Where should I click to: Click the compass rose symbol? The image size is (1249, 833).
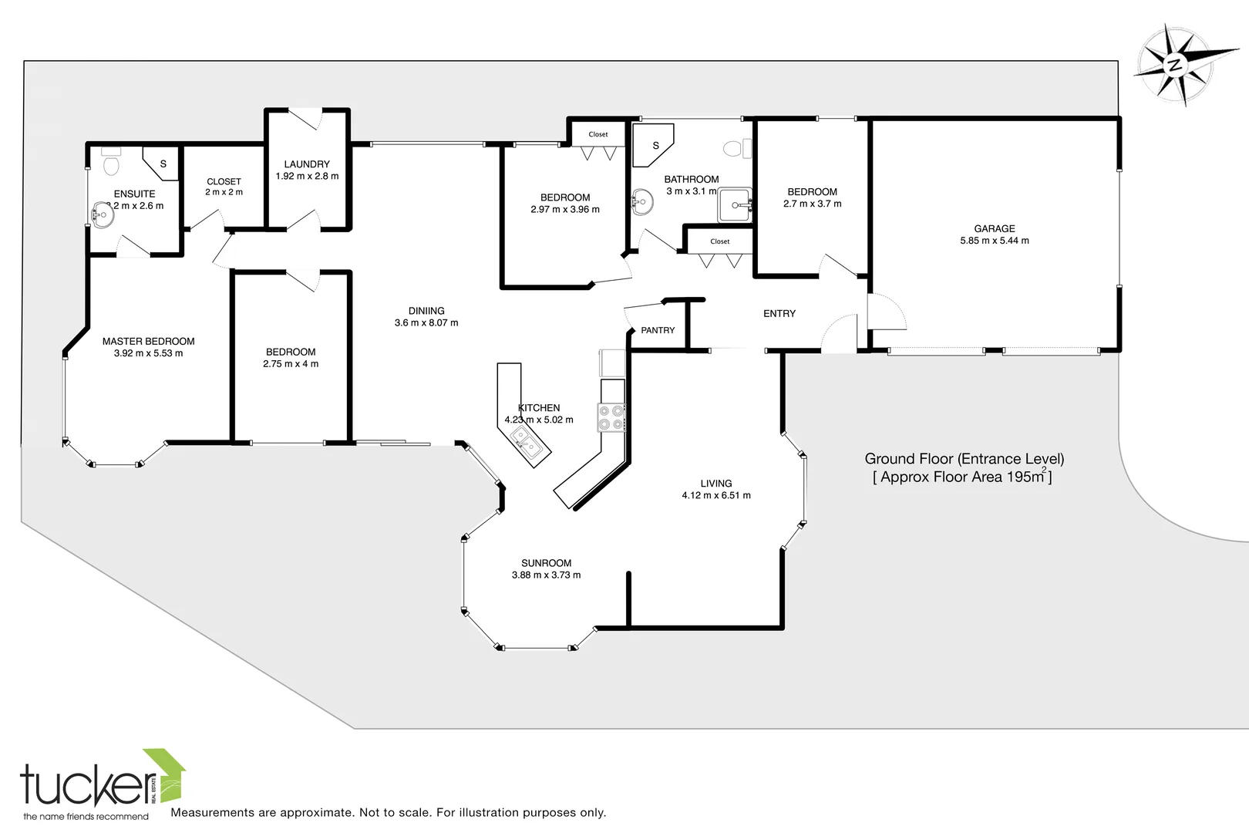pyautogui.click(x=1175, y=64)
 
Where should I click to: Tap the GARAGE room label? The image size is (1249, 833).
pyautogui.click(x=994, y=228)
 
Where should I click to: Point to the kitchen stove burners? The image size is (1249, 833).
pyautogui.click(x=611, y=417)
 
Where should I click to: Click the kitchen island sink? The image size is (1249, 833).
pyautogui.click(x=527, y=442)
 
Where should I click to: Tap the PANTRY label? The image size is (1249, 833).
pyautogui.click(x=658, y=330)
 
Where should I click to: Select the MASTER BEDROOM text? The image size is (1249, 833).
pyautogui.click(x=148, y=341)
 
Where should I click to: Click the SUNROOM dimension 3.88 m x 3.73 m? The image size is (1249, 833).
pyautogui.click(x=546, y=575)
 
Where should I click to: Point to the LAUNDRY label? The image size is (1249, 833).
pyautogui.click(x=307, y=164)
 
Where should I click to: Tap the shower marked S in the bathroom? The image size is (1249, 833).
pyautogui.click(x=655, y=145)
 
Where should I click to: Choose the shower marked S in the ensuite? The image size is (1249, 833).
pyautogui.click(x=163, y=164)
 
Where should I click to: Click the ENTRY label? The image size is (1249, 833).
pyautogui.click(x=779, y=313)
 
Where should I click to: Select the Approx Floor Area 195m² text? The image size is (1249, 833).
pyautogui.click(x=962, y=477)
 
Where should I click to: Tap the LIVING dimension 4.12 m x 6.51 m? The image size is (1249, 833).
pyautogui.click(x=715, y=495)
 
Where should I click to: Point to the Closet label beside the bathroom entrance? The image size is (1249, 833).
pyautogui.click(x=719, y=241)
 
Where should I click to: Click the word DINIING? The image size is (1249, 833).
pyautogui.click(x=426, y=311)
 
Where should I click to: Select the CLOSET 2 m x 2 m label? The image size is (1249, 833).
pyautogui.click(x=224, y=187)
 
